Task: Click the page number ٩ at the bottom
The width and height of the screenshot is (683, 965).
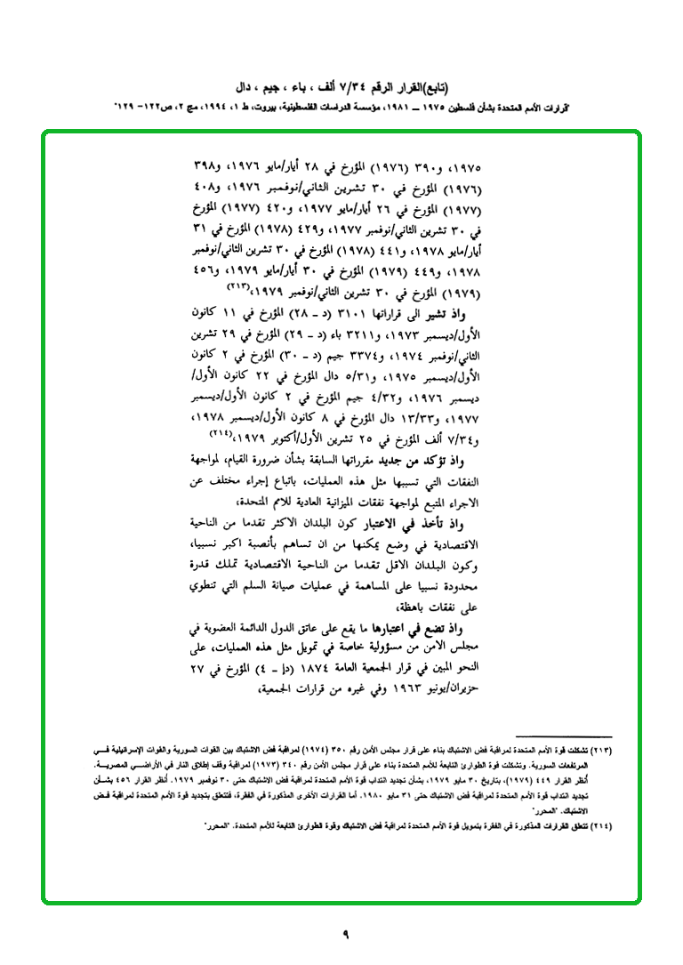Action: coord(346,933)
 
